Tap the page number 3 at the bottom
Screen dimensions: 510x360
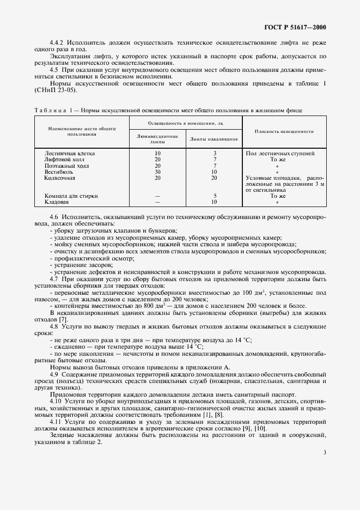tap(325, 452)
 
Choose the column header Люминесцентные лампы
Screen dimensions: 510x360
tap(157, 138)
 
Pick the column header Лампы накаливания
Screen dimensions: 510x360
tap(214, 138)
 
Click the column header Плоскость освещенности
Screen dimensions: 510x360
tap(284, 131)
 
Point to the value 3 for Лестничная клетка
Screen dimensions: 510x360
tap(215, 154)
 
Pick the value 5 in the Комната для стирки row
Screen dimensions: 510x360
tap(215, 196)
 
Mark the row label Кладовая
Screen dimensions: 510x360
tap(56, 202)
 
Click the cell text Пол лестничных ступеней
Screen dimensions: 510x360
tap(280, 154)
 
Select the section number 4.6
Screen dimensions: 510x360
tap(54, 217)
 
